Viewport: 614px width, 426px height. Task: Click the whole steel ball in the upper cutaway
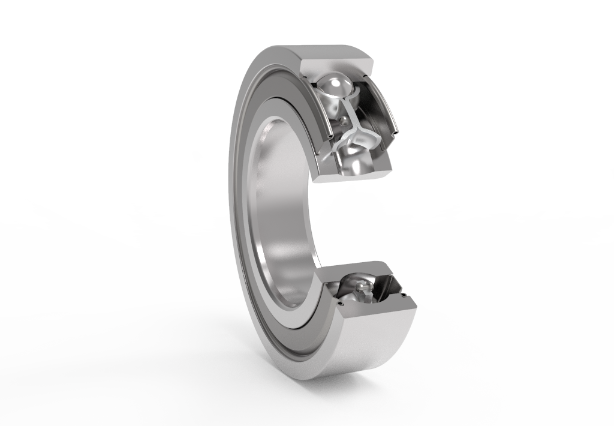[x=336, y=89]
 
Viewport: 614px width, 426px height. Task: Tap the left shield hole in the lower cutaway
[x=341, y=303]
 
